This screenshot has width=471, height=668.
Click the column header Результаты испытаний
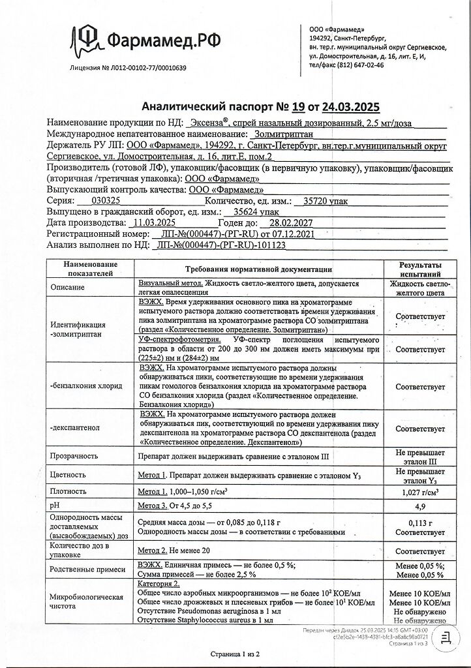click(419, 269)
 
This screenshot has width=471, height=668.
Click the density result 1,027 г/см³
click(419, 491)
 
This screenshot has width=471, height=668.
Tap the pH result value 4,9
click(419, 506)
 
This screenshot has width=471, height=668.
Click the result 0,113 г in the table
click(419, 523)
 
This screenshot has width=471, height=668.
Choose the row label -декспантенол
click(78, 429)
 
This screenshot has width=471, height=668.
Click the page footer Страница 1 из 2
click(235, 653)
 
